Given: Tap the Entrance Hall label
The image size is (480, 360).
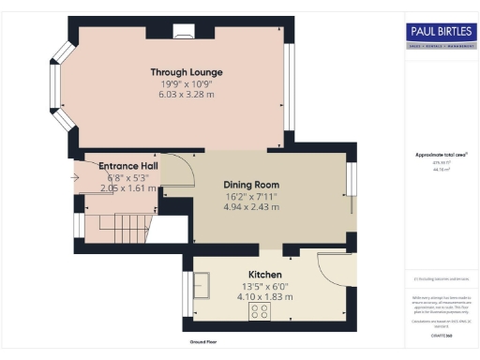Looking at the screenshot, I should (127, 166).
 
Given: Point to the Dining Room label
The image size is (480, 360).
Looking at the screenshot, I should (251, 185).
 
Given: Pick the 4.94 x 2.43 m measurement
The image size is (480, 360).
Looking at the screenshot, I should (251, 207).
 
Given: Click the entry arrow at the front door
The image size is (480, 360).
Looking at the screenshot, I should (75, 175).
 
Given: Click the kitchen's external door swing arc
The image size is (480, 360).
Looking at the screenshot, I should (330, 272).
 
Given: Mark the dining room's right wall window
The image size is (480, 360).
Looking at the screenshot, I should (351, 186).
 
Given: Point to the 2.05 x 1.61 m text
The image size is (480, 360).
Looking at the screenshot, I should (127, 187).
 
